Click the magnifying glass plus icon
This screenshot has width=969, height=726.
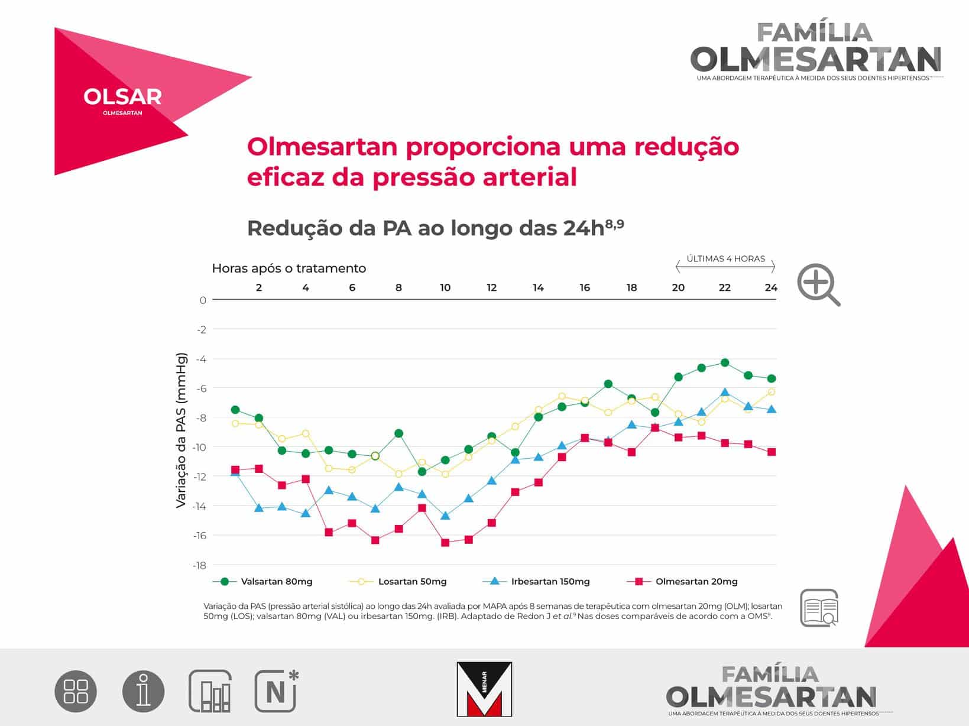point(818,284)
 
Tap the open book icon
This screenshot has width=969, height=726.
point(819,608)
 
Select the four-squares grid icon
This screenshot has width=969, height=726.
point(76,691)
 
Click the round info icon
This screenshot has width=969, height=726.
point(143,691)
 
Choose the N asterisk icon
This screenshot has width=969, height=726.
point(276,691)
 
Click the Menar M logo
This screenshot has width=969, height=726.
point(484,689)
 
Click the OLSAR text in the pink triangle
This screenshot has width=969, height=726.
point(123,96)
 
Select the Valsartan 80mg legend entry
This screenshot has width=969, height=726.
point(262,581)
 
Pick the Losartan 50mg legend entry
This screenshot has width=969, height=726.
point(398,581)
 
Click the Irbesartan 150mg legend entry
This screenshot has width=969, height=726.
point(536,581)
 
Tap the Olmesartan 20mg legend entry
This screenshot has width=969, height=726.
point(682,581)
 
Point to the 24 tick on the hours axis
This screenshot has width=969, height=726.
point(771,288)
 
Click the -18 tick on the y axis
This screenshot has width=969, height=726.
point(200,565)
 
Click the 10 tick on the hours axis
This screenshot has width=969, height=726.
point(445,288)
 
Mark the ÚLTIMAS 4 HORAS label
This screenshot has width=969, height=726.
point(726,258)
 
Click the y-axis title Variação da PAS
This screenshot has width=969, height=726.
point(181,430)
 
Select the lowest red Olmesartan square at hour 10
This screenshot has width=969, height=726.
point(445,543)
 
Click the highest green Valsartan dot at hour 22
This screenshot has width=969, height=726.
point(724,363)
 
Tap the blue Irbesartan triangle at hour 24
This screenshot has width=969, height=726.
point(771,409)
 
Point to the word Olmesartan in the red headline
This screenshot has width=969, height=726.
point(322,147)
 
